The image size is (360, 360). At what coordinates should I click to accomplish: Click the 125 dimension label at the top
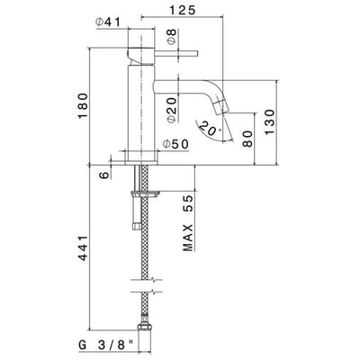coord(183,10)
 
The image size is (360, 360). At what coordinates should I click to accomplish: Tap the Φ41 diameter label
coord(107,22)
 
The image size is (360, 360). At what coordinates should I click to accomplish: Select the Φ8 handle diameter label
coord(172,36)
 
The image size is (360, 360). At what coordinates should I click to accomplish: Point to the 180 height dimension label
coord(83,106)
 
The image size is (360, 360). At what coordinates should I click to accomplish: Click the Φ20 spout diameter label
coord(172,111)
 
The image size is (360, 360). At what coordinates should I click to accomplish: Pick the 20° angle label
coord(208,129)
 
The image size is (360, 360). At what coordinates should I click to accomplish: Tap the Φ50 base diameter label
coord(175,144)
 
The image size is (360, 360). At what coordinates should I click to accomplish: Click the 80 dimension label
coord(247,139)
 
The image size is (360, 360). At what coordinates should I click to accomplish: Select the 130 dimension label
coord(269,122)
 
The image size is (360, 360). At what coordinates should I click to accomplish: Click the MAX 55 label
coord(188,223)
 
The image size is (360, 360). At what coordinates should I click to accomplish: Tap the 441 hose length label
coord(83,248)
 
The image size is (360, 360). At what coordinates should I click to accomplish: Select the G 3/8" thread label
coord(106,345)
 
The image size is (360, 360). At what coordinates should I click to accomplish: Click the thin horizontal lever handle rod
coord(176,54)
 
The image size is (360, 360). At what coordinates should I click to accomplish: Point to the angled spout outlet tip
coord(221,106)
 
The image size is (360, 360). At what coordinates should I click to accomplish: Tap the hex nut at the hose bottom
coord(145,326)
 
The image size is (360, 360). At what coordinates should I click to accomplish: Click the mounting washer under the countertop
coord(145,193)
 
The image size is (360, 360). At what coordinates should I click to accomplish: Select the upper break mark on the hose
coord(147,281)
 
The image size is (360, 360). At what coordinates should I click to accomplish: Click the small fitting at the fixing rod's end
coord(136,225)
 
